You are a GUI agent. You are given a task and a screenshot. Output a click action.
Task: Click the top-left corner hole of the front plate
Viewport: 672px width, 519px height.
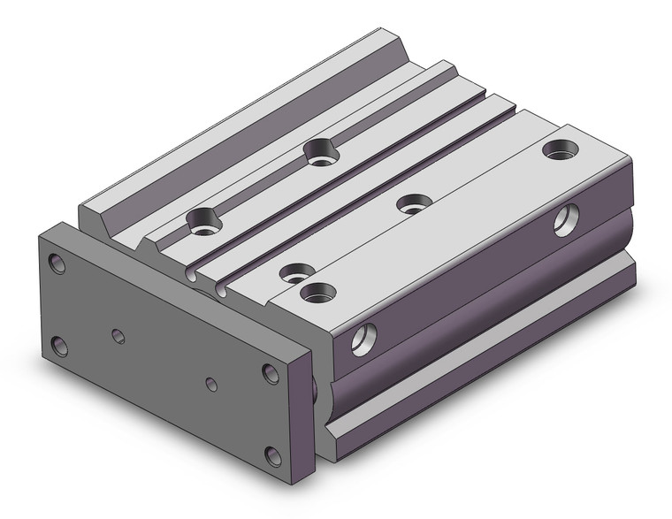click(x=58, y=263)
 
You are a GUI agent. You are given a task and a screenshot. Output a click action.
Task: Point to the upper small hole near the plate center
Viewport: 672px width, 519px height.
click(x=118, y=334)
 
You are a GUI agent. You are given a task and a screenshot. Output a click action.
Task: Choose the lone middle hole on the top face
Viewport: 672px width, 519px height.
click(x=409, y=204)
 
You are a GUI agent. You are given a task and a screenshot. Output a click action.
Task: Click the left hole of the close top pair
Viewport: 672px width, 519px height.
click(x=291, y=271)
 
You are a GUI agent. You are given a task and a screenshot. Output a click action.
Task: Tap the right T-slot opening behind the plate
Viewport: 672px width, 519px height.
click(x=218, y=289)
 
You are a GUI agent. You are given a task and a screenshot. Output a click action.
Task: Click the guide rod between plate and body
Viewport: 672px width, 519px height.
click(x=316, y=387)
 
